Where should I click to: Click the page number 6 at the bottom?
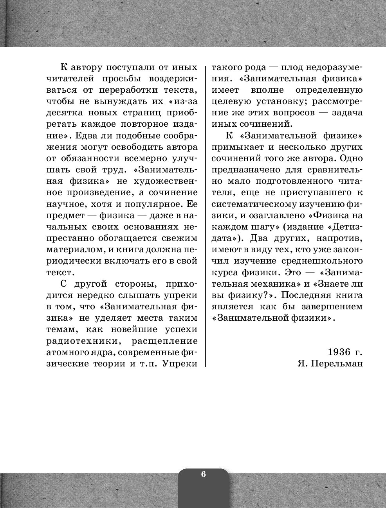pyautogui.click(x=203, y=474)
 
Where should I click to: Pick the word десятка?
pyautogui.click(x=65, y=113)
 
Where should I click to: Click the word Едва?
pyautogui.click(x=87, y=136)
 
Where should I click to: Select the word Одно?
pyautogui.click(x=352, y=158)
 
